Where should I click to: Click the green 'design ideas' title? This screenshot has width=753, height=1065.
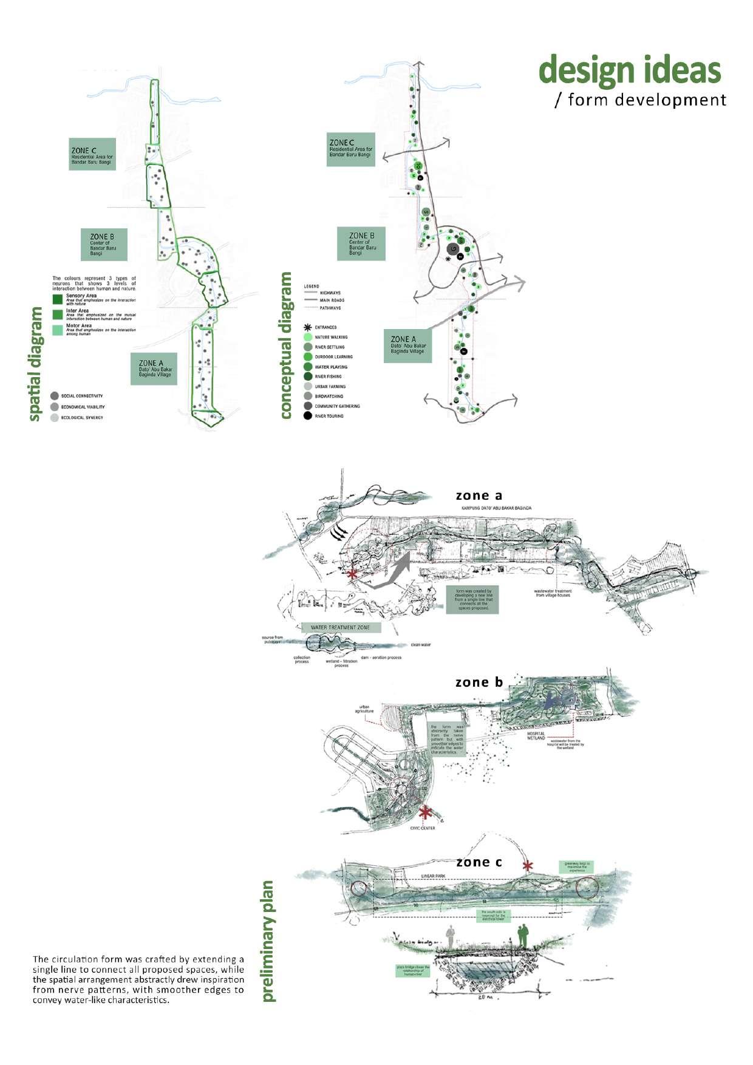pos(630,70)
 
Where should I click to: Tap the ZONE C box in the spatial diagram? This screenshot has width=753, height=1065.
pos(92,154)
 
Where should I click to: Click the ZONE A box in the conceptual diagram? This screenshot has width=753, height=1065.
pos(407,345)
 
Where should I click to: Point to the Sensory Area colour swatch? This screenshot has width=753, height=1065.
pos(58,299)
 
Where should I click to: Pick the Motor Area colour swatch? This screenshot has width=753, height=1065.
pos(58,330)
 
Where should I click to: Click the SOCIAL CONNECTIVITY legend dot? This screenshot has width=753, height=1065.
pos(55,396)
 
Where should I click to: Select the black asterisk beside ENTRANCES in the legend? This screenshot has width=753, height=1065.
pos(307,327)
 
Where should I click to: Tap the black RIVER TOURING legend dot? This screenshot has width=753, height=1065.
pos(307,416)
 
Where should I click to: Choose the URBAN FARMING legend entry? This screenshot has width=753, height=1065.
pos(330,386)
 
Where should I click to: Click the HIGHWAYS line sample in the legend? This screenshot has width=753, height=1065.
pos(310,293)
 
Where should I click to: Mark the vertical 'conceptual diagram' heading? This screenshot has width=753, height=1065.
pos(285,345)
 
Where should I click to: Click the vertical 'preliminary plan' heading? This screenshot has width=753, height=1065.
pos(268,941)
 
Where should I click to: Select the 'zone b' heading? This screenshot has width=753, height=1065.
pos(479,682)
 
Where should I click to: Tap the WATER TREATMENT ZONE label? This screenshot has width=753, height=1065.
pos(340,627)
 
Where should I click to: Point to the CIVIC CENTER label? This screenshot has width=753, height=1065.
pos(423,828)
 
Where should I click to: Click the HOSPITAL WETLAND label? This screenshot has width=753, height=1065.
pos(536,735)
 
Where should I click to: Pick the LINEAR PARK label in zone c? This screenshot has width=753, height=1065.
pos(434,876)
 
